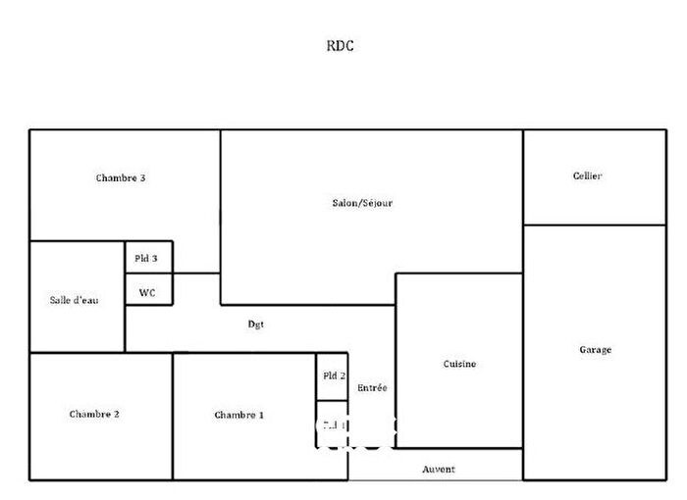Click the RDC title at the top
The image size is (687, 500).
pos(341,45)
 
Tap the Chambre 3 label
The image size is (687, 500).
pos(121,178)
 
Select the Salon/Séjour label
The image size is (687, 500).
pos(362,203)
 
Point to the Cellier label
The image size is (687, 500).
pos(587,176)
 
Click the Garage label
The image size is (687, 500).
pos(595,349)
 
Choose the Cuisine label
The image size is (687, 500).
pos(458,364)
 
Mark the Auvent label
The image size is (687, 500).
pos(438,470)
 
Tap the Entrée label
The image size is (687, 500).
pos(372,388)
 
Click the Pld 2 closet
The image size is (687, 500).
pos(333,375)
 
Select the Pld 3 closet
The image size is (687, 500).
pos(147,257)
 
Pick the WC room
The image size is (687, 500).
pos(147,291)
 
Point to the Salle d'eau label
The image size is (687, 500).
pos(74,299)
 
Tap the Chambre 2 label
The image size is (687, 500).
pos(94,414)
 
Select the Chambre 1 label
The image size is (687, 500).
pos(238,415)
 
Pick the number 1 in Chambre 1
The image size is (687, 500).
pos(260,415)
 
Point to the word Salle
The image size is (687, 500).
pos(61,299)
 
